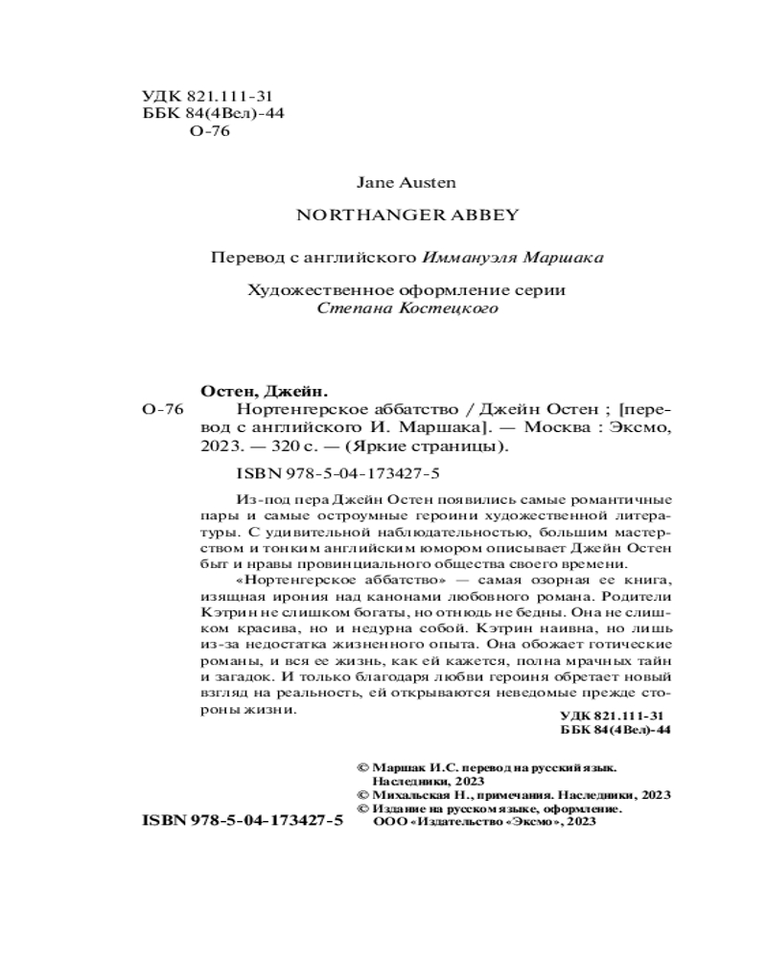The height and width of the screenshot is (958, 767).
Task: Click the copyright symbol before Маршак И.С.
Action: coord(361,767)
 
